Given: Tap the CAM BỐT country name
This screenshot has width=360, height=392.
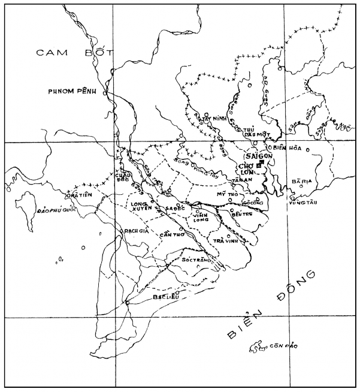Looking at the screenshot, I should click(x=71, y=53).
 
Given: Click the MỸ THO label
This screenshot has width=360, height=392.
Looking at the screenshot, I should click(x=228, y=195).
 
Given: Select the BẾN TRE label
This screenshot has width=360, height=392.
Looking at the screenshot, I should click(x=242, y=213).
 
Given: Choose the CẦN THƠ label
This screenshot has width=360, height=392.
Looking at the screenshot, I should click(x=170, y=234).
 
